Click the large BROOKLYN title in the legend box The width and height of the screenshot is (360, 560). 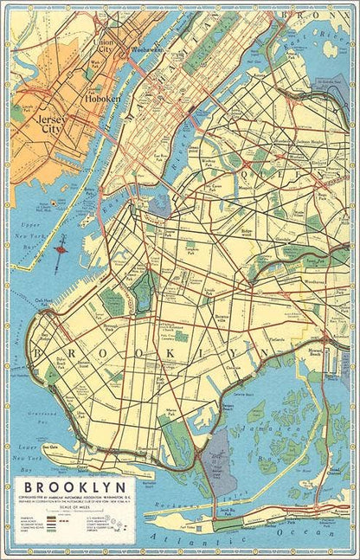[73, 487]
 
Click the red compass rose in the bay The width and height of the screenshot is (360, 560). [61, 251]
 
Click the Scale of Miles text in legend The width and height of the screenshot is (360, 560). [73, 510]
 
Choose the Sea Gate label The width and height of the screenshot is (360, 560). [50, 447]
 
